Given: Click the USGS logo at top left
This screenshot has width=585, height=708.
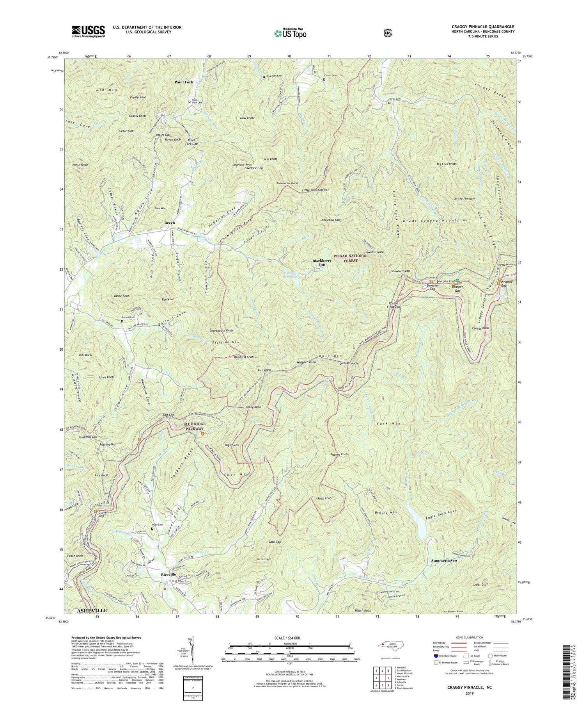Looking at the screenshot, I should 88,31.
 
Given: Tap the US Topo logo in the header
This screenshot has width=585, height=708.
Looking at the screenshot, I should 290,33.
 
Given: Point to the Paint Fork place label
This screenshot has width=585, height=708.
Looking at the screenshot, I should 184,82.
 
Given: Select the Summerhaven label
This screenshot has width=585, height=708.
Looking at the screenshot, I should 444,560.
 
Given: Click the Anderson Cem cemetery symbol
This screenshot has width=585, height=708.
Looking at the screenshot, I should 264,77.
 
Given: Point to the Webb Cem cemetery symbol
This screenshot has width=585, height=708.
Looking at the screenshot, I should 389,103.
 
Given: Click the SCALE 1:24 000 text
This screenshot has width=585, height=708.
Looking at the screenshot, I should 289,638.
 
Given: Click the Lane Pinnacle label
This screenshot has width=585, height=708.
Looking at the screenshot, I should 349,363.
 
